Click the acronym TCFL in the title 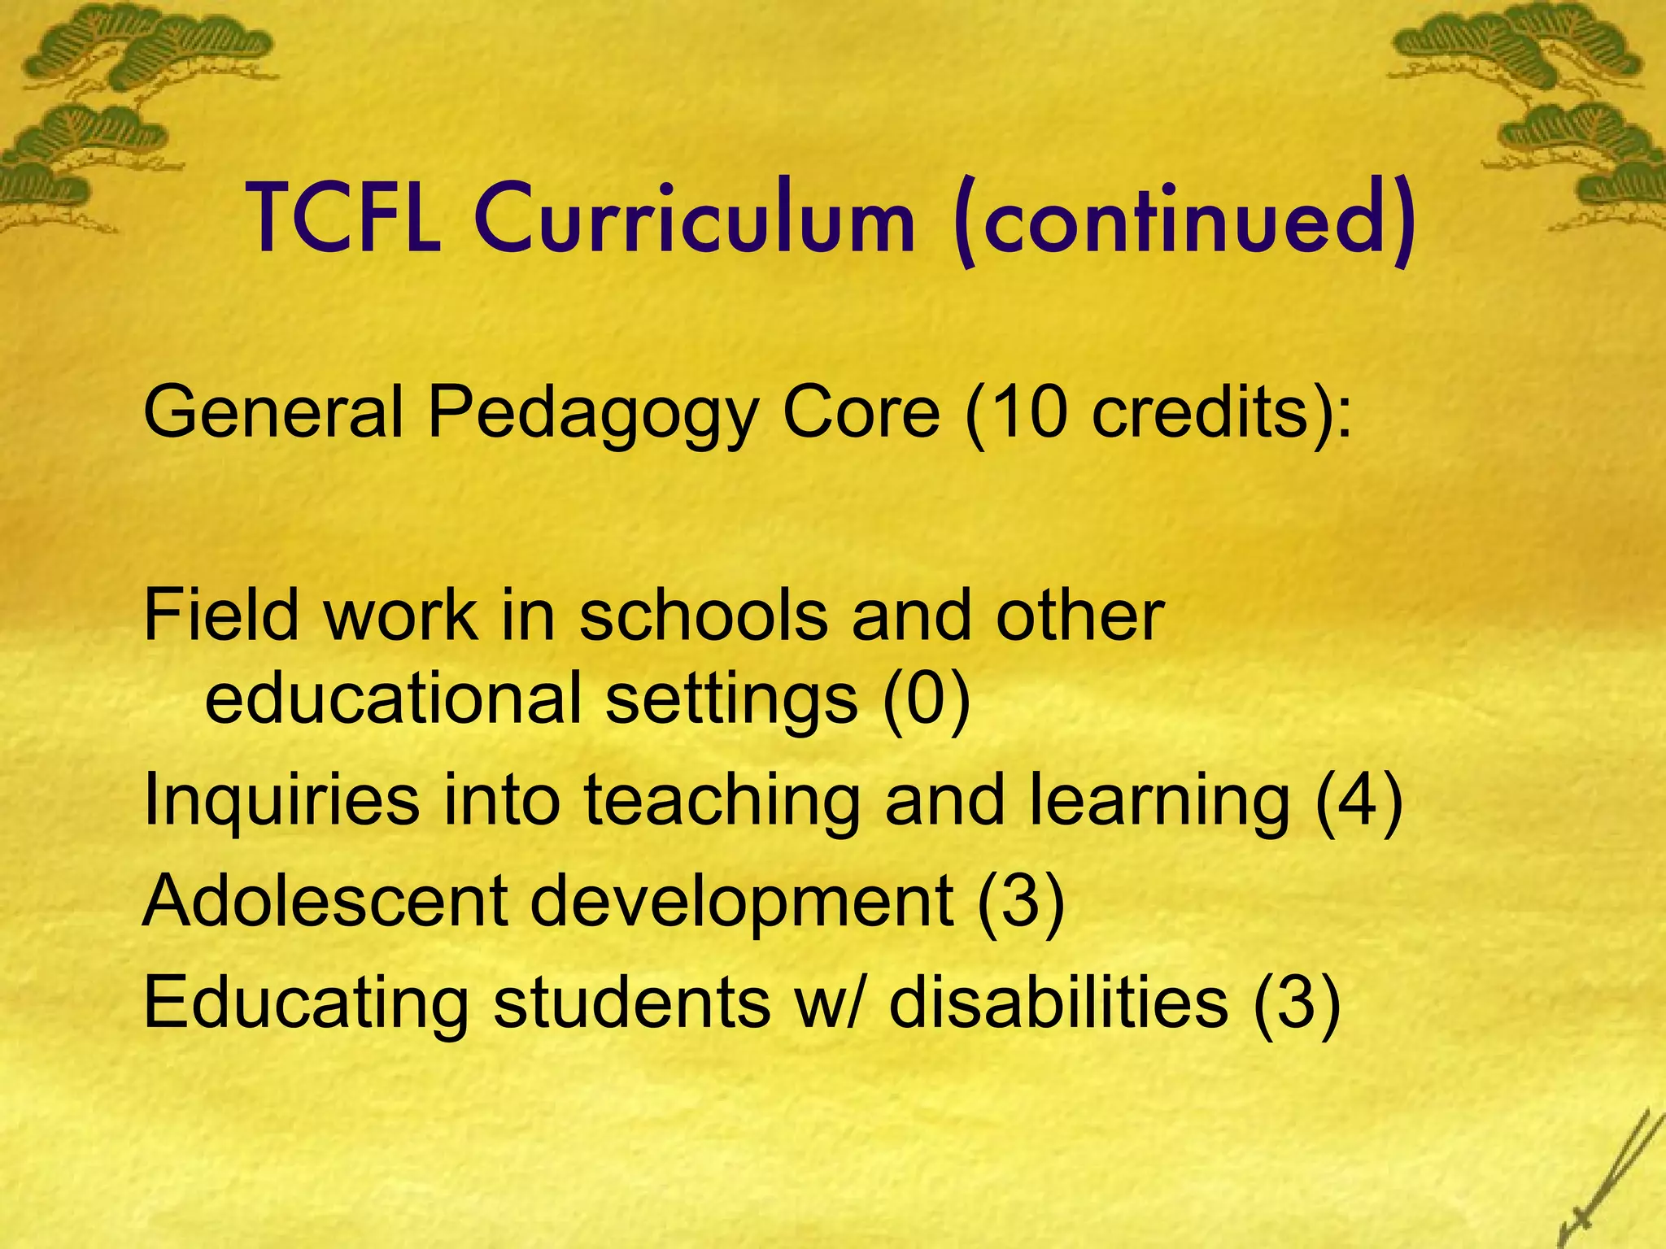345,218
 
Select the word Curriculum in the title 696,218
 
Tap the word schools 704,615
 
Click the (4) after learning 1359,801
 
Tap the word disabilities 1058,1002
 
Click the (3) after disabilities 1297,1003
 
